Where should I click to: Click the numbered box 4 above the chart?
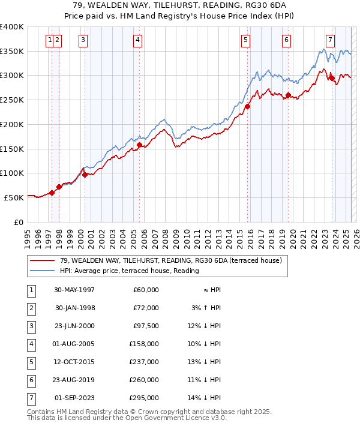pos(138,40)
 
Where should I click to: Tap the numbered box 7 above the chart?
pos(330,40)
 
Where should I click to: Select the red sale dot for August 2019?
pos(289,95)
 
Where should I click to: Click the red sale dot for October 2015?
pos(247,106)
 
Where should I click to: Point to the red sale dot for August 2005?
pos(139,145)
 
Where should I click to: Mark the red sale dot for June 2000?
pos(85,175)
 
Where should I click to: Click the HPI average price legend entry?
pos(128,271)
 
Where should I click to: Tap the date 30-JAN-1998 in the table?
pos(75,308)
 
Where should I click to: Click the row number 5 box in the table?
pos(31,362)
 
